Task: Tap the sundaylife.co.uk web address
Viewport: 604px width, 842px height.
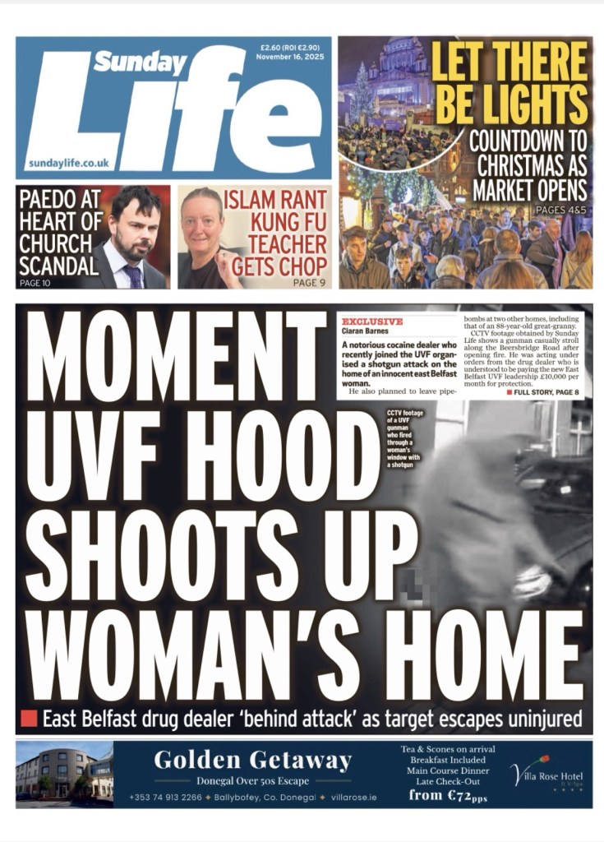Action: click(68, 163)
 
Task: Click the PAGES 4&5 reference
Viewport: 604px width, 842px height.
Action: click(561, 210)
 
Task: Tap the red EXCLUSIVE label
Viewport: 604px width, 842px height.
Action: click(371, 322)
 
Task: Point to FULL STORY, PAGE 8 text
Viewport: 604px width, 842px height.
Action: click(546, 392)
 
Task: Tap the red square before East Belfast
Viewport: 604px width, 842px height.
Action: click(29, 718)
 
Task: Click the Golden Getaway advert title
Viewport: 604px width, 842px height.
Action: click(252, 761)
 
